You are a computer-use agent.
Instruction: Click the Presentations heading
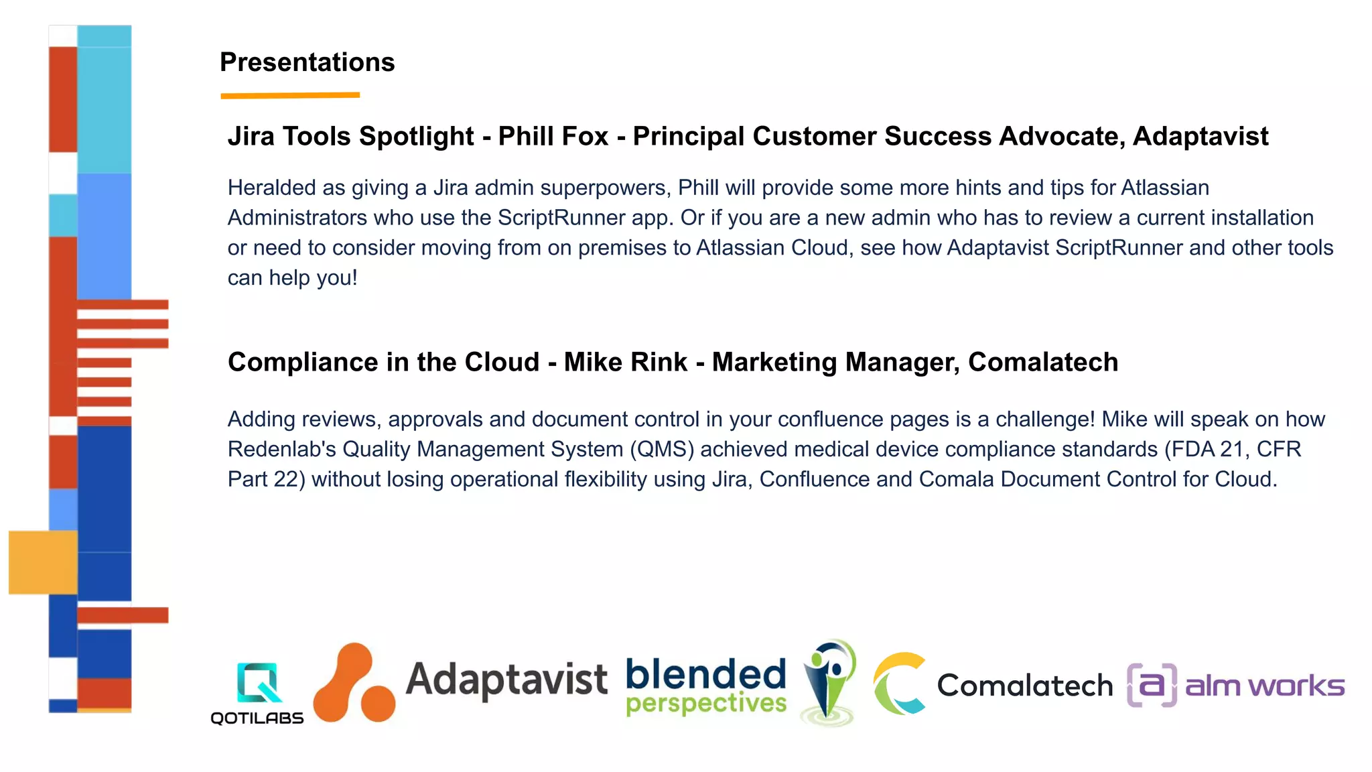tap(307, 62)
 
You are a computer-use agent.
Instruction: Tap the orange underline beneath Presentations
tap(290, 96)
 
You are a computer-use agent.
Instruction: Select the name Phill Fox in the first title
tap(553, 137)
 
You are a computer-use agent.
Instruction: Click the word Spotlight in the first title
tap(416, 137)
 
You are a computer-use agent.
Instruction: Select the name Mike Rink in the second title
tap(625, 363)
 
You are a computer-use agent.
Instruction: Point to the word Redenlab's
tap(281, 449)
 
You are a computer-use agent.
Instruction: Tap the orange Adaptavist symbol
tap(354, 684)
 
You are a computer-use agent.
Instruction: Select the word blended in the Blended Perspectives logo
tap(705, 674)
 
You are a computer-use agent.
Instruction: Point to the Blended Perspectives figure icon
tap(829, 682)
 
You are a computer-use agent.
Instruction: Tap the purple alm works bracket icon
tap(1152, 685)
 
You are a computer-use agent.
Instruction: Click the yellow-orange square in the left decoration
tap(43, 562)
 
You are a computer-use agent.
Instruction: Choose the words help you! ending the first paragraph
tap(313, 278)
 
